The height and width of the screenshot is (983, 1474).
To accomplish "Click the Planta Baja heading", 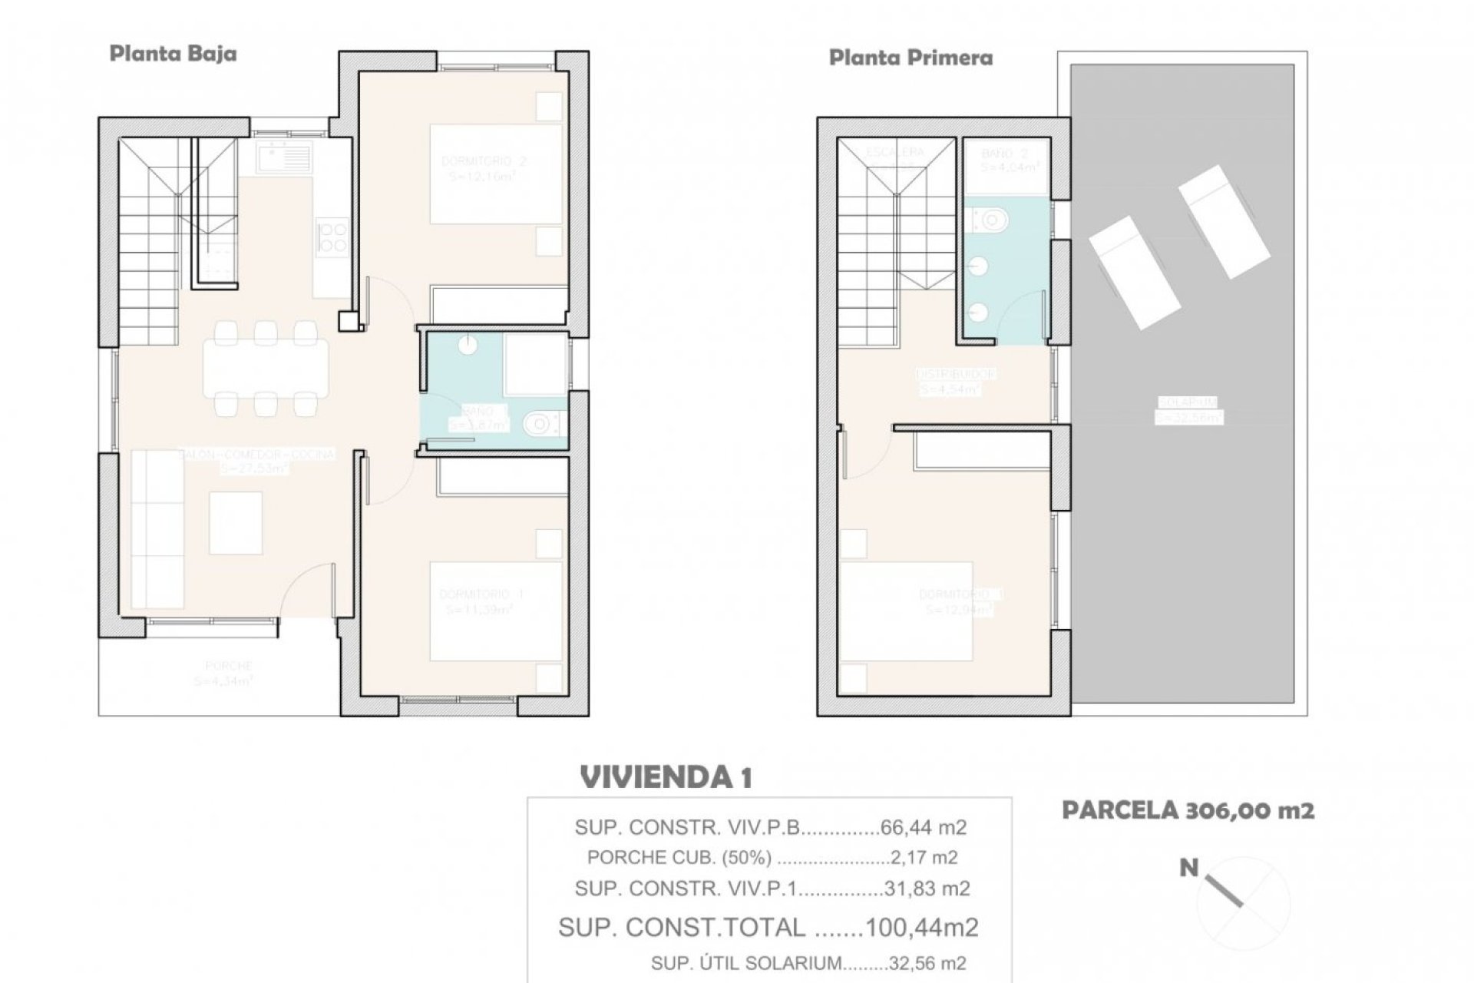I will pyautogui.click(x=173, y=55).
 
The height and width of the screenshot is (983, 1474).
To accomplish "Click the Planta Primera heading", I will pyautogui.click(x=911, y=58).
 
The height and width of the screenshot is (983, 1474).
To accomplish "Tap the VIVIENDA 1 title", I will pyautogui.click(x=666, y=778).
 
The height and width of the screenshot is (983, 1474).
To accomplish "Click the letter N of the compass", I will pyautogui.click(x=1188, y=869).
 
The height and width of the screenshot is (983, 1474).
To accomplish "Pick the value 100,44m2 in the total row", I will pyautogui.click(x=921, y=928).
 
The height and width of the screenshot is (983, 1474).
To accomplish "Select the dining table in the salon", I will pyautogui.click(x=266, y=368).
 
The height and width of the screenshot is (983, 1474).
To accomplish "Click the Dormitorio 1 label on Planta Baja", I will pyautogui.click(x=481, y=594).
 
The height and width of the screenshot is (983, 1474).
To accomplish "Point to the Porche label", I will pyautogui.click(x=228, y=666).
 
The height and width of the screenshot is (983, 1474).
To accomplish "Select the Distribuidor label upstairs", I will pyautogui.click(x=956, y=374).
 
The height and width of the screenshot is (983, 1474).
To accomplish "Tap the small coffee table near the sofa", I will pyautogui.click(x=236, y=523).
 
